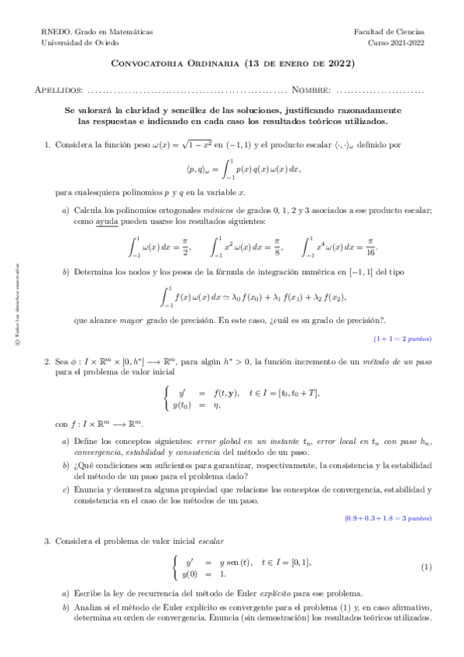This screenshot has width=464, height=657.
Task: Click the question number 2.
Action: (x=46, y=360)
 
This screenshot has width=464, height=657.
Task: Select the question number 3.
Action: (x=46, y=538)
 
